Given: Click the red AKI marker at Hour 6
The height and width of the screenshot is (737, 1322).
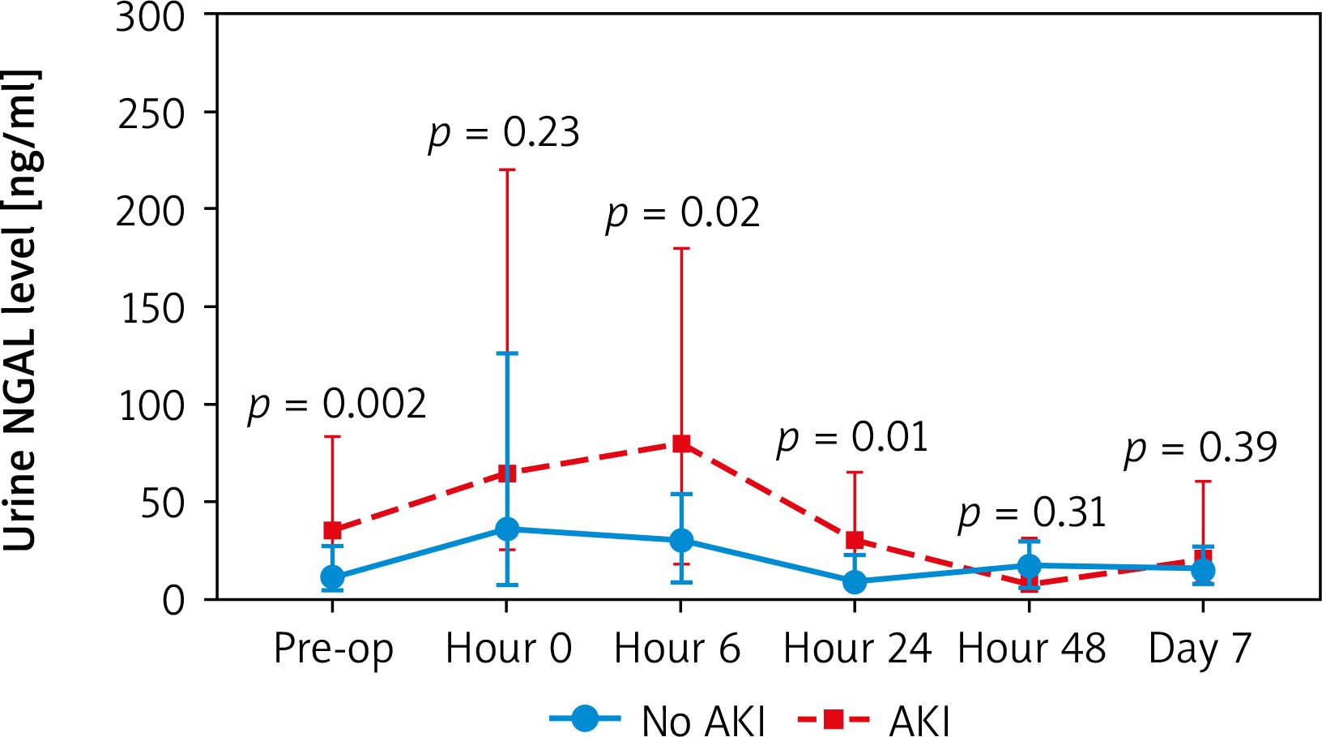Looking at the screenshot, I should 681,443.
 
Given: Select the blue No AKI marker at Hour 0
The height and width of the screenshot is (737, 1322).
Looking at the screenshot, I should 507,529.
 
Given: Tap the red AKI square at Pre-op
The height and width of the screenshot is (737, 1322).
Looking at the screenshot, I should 332,530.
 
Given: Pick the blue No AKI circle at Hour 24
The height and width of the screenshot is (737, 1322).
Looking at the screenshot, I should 855,582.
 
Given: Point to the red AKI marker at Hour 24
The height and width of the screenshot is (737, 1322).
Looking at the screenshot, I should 855,540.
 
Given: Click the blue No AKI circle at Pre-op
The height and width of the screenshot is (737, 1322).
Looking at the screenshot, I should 332,577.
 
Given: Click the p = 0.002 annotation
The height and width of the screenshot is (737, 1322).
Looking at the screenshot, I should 337,405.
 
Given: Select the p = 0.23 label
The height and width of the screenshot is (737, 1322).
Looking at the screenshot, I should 504,133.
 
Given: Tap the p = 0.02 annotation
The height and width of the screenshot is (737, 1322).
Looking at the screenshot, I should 683,214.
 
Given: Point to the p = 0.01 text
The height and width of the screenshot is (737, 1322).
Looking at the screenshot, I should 852,439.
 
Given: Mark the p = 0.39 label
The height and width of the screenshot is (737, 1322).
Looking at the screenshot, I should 1200,448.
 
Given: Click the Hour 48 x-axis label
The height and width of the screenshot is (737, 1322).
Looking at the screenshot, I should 1031,649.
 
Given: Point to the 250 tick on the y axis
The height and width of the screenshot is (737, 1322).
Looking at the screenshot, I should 151,114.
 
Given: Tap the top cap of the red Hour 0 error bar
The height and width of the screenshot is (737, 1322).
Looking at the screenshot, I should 507,170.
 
